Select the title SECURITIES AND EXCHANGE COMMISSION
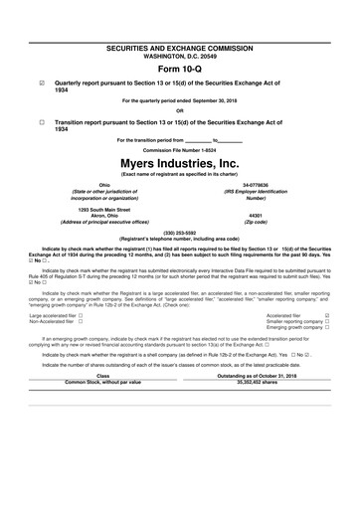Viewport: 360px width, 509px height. (180, 48)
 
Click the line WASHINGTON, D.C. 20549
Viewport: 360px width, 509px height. (180, 56)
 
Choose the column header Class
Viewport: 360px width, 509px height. (102, 375)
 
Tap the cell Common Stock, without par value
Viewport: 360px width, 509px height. (102, 381)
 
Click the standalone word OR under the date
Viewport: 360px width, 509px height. (180, 110)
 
